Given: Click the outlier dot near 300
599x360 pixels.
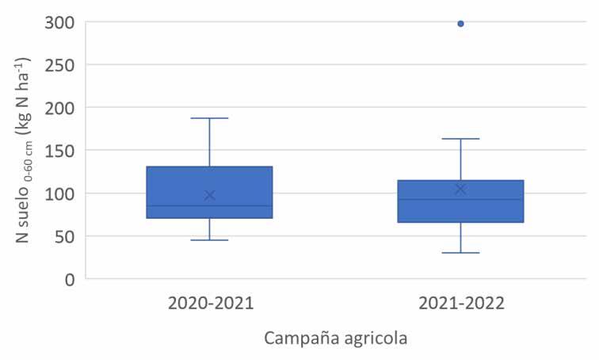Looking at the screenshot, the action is point(460,24).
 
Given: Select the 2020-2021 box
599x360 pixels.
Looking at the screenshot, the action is point(209,192).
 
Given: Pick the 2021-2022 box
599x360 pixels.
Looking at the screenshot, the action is point(460,201).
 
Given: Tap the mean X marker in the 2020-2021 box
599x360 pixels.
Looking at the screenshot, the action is point(209,195).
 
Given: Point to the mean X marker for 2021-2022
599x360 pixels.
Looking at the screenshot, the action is point(460,190).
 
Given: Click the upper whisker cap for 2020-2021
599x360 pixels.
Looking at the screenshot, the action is point(209,118).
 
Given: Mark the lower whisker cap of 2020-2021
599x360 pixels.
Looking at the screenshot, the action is point(209,240).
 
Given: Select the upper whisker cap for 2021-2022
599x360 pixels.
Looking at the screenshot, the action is point(460,139).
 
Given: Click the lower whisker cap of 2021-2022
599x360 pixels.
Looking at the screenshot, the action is point(460,253).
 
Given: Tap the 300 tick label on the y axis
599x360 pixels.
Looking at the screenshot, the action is point(59,23).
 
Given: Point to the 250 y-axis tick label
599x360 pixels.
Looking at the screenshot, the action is point(59,66).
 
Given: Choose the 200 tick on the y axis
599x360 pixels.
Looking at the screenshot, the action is point(59,109).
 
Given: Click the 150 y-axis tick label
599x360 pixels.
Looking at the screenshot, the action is point(59,151).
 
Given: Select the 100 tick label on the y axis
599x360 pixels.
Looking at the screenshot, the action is point(59,194).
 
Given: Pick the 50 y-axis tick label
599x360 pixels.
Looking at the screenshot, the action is point(64,237).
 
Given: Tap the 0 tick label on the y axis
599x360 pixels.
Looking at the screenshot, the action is point(70,280).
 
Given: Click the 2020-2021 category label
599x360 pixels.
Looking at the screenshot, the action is point(211,304).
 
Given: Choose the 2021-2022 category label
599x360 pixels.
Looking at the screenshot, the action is point(461,304).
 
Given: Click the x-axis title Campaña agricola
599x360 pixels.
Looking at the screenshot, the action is point(336,339).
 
